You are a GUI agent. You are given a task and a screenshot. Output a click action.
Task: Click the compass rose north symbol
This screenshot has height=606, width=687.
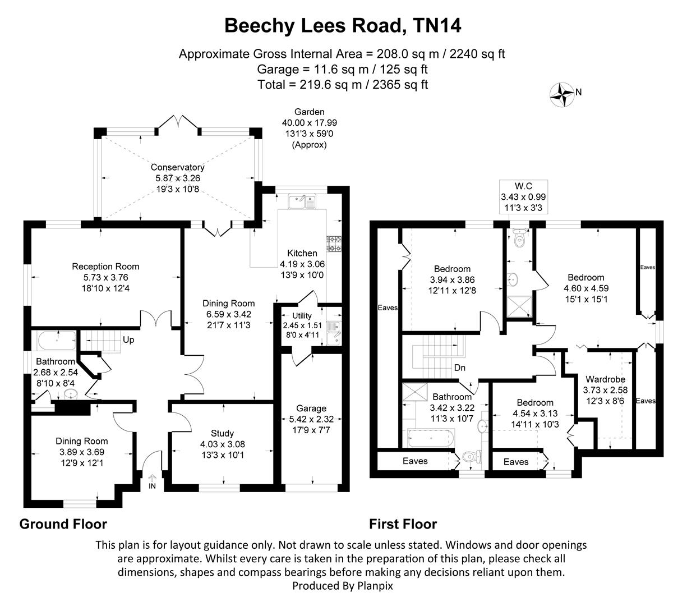tap(562, 93)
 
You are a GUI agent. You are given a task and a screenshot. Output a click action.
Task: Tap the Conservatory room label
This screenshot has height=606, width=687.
tap(177, 167)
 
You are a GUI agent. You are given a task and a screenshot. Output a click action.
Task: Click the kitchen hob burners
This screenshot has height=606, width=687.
tap(335, 244)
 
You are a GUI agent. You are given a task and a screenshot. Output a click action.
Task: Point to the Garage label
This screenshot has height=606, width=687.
tap(311, 408)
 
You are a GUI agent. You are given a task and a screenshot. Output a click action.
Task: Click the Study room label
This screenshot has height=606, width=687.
tap(222, 433)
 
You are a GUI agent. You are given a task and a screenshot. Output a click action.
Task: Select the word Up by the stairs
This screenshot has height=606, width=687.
tap(128, 340)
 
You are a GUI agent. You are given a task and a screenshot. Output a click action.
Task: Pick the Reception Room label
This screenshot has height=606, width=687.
tap(105, 267)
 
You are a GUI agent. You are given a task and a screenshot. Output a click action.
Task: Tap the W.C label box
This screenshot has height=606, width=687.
tap(523, 196)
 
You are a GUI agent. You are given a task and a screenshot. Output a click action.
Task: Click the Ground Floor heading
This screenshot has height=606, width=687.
tap(63, 524)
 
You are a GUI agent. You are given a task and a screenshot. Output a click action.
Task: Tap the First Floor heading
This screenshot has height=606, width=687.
tap(403, 524)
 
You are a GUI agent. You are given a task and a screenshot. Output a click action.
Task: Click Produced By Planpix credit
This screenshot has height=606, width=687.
tap(343, 586)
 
